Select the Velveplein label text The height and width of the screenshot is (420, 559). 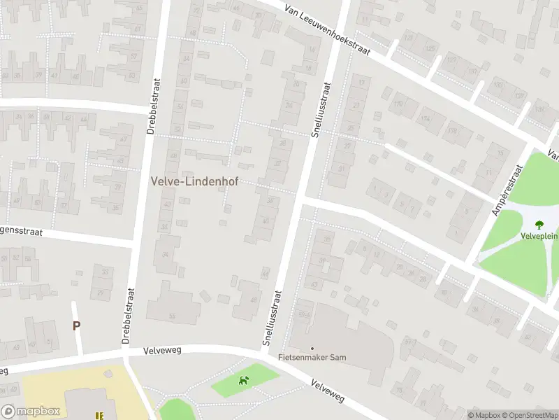point(539,236)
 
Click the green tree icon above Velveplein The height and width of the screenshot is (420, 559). point(539,224)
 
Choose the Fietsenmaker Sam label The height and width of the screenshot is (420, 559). point(312,357)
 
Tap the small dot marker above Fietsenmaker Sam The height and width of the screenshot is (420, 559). point(312,348)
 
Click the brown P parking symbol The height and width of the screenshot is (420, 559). point(76,325)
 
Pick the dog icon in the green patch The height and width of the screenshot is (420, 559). point(244,381)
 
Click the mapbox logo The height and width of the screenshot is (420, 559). point(31,412)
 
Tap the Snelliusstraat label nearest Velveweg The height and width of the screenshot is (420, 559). point(273,318)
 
